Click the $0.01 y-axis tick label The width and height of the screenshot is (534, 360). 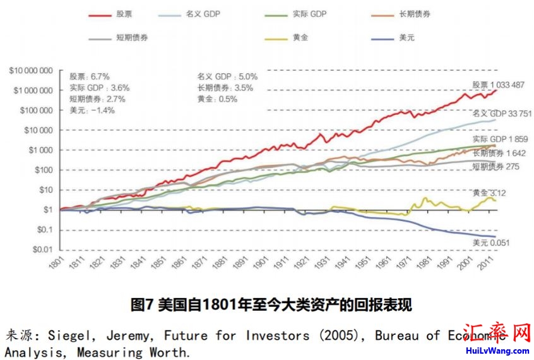[41, 249]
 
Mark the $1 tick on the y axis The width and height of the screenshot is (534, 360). [47, 210]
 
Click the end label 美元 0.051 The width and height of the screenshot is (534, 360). [490, 243]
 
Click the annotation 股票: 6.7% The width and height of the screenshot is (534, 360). [90, 76]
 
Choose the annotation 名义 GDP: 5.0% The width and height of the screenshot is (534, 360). [227, 76]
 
